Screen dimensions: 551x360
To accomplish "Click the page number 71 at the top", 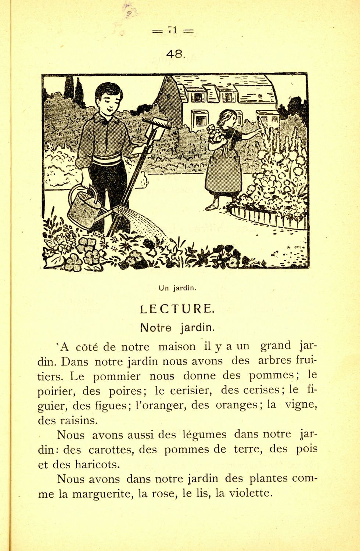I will (173, 31).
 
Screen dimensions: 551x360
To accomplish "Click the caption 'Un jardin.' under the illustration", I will (176, 288).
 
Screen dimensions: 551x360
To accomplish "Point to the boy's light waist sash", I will (106, 160).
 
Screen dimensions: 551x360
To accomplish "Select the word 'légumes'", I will (204, 435).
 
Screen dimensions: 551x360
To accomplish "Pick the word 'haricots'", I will (97, 465).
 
